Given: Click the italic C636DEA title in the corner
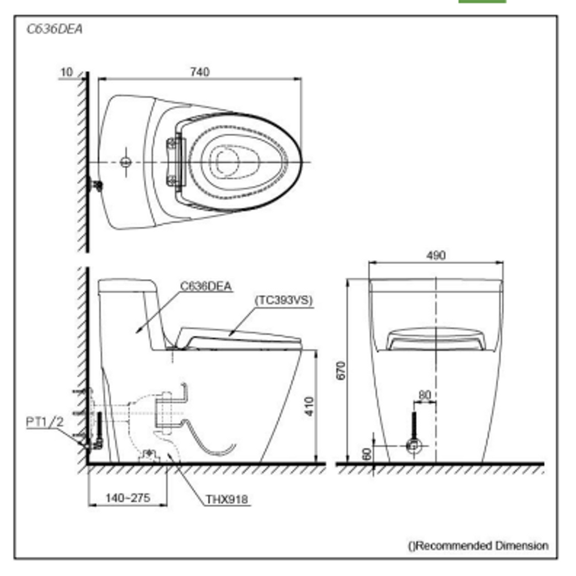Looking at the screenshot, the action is [55, 29].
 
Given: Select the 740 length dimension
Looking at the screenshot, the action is [200, 72].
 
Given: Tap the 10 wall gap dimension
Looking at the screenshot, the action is [66, 73].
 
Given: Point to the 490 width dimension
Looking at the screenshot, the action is [436, 255].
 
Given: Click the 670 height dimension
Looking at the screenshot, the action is [341, 371].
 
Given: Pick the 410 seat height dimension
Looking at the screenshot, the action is [309, 406].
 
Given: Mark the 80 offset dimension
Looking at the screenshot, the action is [425, 395].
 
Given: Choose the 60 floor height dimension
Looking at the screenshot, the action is [367, 454].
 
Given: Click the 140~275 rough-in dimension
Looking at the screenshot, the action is [128, 498].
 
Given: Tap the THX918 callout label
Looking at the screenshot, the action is [227, 499].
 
